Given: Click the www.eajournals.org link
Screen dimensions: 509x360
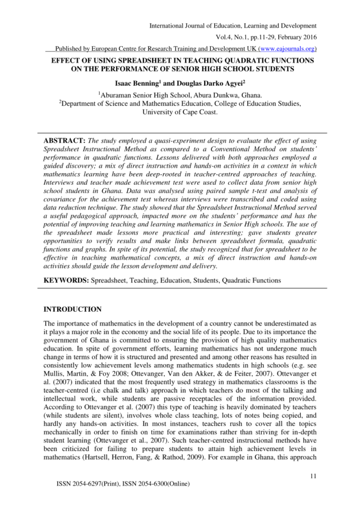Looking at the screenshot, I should [x=286, y=49].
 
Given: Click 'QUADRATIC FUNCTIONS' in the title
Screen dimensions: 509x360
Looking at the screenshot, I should [x=271, y=61].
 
